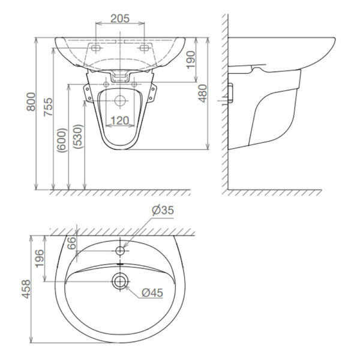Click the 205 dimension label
click(121, 19)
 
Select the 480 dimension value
click(203, 93)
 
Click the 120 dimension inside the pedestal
click(120, 121)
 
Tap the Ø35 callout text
click(163, 210)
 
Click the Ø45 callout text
click(153, 292)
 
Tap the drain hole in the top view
click(120, 280)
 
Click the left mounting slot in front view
click(95, 46)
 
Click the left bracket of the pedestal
click(87, 93)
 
